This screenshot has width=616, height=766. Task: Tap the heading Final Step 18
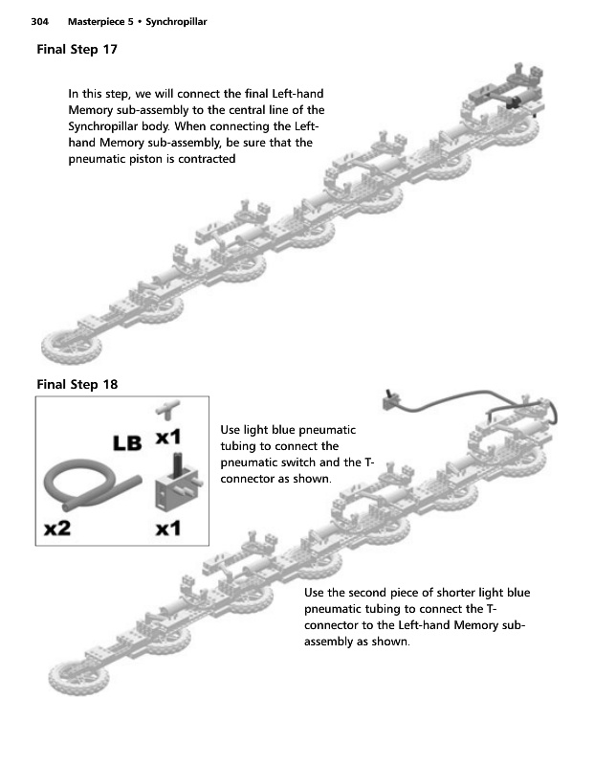[x=77, y=385]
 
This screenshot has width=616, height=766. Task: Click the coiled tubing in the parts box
[x=86, y=484]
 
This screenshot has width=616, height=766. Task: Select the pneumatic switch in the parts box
[x=174, y=487]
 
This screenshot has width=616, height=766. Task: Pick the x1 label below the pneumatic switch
[x=168, y=529]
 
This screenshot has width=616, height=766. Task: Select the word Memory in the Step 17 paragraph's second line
[x=91, y=110]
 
